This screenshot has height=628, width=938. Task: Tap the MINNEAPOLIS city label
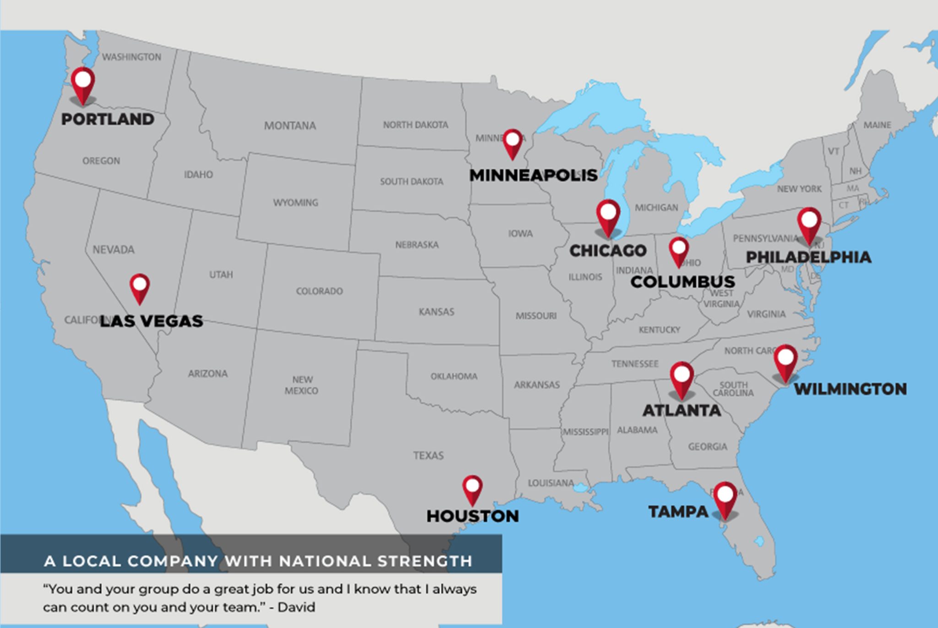coord(533,175)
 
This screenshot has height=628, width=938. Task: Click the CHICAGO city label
coord(608,251)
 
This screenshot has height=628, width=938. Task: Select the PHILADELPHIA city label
coord(808,257)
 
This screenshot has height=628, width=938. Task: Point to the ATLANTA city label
coord(682,411)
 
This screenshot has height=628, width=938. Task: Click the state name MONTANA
coord(290,126)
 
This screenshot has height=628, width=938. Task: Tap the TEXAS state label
coord(428,456)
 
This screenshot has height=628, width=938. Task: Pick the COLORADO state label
coord(319,291)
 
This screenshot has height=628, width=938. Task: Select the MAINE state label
coord(877,125)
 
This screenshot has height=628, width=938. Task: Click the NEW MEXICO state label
coord(301,385)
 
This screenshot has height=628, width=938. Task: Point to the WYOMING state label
coord(295,203)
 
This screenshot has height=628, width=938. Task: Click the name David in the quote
coord(296,607)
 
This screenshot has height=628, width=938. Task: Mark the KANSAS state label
coord(436,312)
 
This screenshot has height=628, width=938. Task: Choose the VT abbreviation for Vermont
coord(834,151)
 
